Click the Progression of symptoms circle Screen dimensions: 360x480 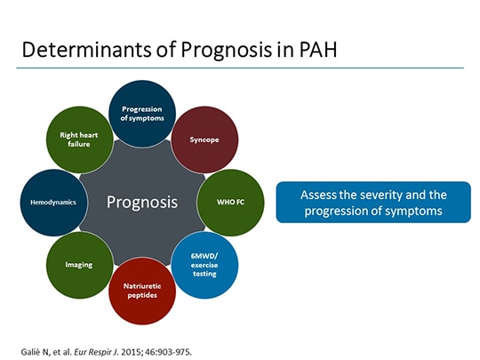142,114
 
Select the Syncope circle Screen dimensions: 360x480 204,140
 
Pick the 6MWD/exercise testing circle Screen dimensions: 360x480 204,264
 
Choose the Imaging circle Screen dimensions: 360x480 79,264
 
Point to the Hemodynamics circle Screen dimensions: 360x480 53,202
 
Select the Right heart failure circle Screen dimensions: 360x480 79,140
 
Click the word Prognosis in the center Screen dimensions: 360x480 142,202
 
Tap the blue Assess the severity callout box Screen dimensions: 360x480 372,203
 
